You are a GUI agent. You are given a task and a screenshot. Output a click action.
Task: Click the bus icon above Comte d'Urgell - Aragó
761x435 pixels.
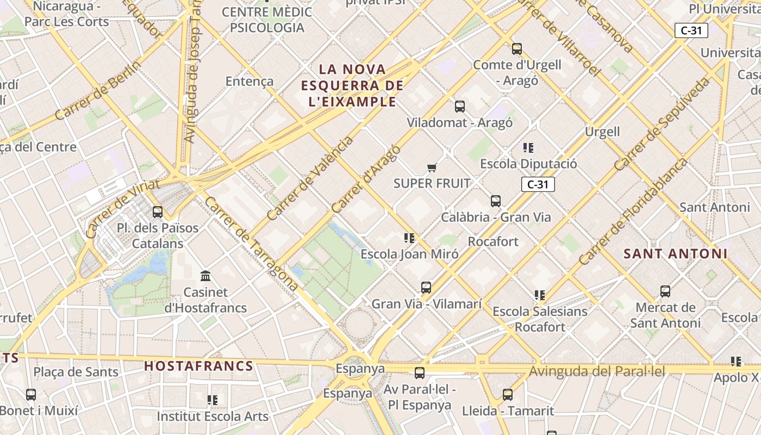tap(517, 49)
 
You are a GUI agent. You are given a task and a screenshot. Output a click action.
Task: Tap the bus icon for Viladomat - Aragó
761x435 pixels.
tap(460, 107)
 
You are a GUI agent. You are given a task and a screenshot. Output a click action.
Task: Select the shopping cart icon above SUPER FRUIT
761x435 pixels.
tap(432, 167)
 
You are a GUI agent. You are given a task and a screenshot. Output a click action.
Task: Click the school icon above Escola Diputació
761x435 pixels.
tap(528, 147)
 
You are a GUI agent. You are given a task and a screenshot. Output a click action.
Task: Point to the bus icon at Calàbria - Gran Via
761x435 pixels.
tap(496, 201)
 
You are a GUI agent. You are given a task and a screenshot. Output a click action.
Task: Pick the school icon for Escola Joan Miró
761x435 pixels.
tap(409, 238)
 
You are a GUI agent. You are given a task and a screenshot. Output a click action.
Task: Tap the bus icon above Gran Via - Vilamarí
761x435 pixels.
tap(426, 288)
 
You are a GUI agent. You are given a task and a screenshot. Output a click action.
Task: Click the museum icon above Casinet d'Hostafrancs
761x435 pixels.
tap(206, 276)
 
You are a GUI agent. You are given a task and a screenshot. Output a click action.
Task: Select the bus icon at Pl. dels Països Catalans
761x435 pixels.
tap(158, 212)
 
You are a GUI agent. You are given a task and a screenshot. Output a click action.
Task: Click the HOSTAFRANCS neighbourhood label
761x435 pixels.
tap(199, 366)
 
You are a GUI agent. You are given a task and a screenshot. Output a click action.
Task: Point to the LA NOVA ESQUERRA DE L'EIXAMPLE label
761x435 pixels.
tap(352, 85)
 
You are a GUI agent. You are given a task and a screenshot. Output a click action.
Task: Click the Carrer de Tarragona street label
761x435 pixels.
tap(251, 244)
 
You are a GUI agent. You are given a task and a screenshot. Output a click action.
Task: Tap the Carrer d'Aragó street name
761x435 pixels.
tap(366, 179)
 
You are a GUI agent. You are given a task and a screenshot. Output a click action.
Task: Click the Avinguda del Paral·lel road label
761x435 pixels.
tap(597, 371)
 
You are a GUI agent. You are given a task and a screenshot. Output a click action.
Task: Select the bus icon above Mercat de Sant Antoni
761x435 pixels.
tap(665, 291)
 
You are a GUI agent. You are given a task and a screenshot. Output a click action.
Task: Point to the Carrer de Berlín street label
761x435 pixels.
tap(98, 90)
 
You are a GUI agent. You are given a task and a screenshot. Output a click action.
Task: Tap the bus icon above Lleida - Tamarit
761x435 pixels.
tap(508, 395)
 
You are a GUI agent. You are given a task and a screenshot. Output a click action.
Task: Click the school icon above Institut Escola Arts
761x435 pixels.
tap(213, 400)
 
